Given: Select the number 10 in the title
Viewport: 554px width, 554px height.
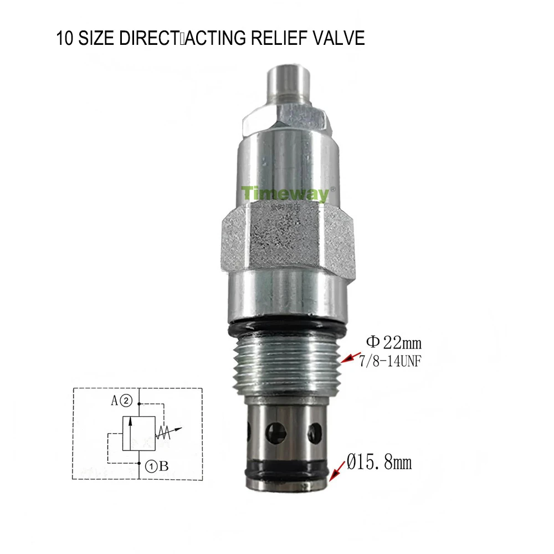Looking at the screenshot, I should click(63, 39).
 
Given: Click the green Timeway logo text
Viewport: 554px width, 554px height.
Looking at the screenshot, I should click(284, 193).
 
